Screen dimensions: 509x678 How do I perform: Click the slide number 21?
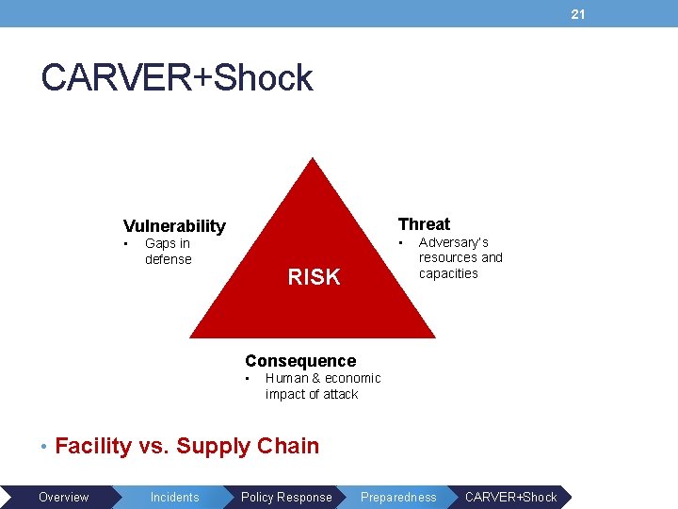coord(578,14)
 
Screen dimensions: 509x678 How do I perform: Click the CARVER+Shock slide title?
coord(177,78)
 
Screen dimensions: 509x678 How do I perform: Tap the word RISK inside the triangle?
coord(314,276)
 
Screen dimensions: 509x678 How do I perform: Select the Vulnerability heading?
coord(174,225)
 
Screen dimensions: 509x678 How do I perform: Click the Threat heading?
coord(424,223)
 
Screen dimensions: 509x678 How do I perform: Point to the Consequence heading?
coord(300,360)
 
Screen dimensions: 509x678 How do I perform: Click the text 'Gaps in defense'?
coord(168,252)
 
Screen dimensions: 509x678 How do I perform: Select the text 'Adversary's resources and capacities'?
coord(460,257)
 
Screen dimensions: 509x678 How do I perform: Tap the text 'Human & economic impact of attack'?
coord(322,386)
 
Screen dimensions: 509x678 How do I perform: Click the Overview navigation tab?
coord(63,497)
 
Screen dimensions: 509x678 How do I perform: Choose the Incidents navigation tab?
coord(174,497)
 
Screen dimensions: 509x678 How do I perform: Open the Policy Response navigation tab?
coord(286,497)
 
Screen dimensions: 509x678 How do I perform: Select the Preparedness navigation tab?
coord(398,497)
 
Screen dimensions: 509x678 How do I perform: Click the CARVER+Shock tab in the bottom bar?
coord(510,497)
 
